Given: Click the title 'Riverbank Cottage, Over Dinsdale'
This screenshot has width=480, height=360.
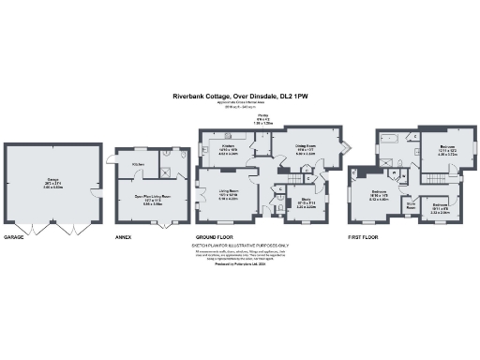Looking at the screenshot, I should pyautogui.click(x=240, y=96).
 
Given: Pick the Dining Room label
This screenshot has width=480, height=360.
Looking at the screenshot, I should pyautogui.click(x=305, y=146).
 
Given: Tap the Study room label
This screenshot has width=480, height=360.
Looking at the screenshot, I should pyautogui.click(x=305, y=202).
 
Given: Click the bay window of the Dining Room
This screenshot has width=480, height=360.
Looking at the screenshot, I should pyautogui.click(x=346, y=148).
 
